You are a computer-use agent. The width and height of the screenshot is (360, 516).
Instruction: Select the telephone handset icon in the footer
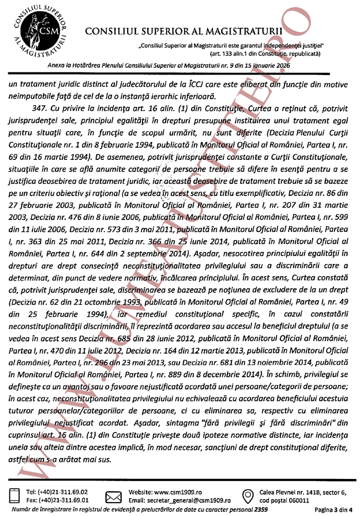(x=12, y=495)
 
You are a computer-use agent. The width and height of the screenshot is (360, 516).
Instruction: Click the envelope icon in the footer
(x=113, y=495)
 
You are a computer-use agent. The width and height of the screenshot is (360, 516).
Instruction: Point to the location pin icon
(x=247, y=495)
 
